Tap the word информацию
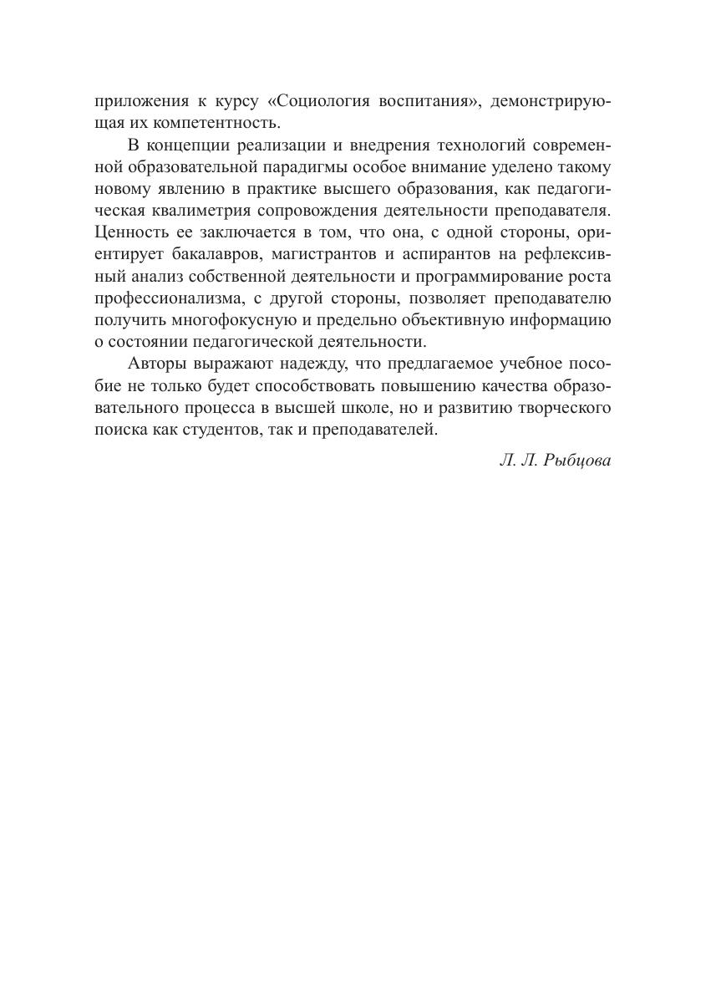560,319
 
